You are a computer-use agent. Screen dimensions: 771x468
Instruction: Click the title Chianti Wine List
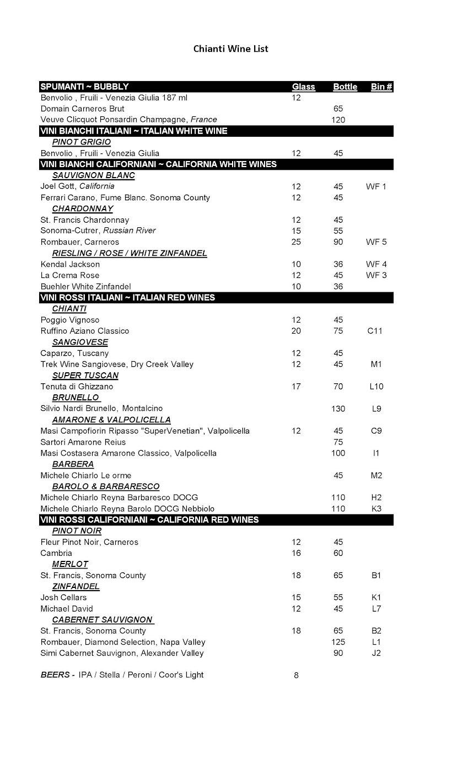230,49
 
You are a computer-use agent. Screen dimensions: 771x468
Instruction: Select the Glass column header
303,87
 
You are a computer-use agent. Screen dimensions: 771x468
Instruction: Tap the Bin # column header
381,87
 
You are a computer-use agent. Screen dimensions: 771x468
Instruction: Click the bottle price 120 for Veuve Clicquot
338,120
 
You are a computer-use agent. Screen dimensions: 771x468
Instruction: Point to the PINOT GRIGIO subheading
81,142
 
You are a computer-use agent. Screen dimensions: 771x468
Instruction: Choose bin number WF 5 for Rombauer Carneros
376,242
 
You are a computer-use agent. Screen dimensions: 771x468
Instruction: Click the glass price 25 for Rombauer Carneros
296,242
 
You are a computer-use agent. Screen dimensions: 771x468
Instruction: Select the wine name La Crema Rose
70,275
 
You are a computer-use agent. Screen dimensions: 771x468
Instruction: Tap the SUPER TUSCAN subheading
85,376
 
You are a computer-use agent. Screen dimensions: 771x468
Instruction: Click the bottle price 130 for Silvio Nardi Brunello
338,409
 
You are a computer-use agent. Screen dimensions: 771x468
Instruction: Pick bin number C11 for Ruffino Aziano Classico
374,331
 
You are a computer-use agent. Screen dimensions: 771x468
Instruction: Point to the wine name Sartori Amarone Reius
83,442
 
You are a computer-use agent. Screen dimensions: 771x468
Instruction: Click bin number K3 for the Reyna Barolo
376,509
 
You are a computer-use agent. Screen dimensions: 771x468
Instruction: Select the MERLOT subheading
70,564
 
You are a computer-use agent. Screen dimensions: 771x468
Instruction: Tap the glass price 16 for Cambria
296,553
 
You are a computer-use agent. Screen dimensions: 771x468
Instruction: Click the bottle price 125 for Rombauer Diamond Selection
338,642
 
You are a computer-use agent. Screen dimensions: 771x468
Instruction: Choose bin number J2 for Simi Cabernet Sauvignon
376,653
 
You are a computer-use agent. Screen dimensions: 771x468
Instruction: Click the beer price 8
296,675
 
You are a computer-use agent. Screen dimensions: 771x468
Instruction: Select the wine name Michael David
63,609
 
